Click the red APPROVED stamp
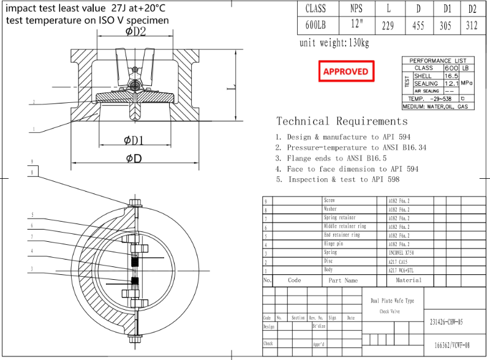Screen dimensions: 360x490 (345, 71)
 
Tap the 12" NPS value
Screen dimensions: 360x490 (356, 26)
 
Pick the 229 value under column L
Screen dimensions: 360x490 (386, 26)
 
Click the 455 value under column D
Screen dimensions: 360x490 (419, 26)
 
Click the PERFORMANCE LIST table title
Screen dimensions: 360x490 (437, 61)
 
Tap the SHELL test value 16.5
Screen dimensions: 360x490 (452, 75)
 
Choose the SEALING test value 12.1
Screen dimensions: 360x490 (452, 83)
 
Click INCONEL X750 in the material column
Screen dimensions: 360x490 (402, 252)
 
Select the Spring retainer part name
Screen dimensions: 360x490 (339, 218)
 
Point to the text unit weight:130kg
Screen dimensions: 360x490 (334, 43)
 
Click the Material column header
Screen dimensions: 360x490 (409, 280)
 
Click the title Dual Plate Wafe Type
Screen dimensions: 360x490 (392, 301)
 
